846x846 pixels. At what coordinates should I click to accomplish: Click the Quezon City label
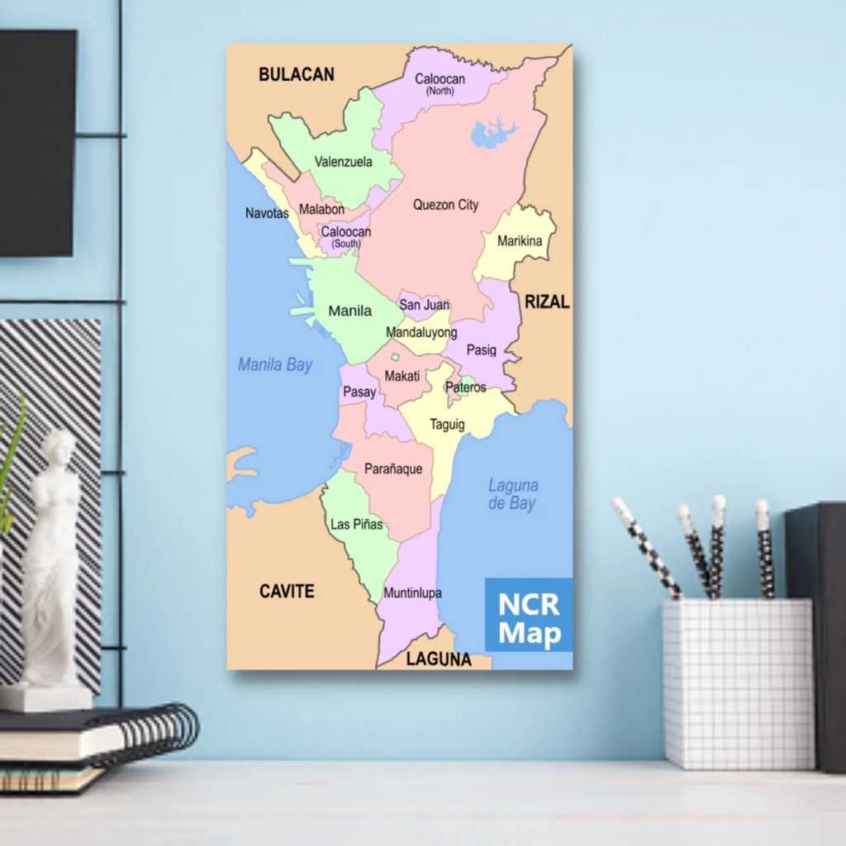(445, 205)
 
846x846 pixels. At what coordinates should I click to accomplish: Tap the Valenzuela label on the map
(343, 162)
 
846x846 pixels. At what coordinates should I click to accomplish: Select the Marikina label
(520, 241)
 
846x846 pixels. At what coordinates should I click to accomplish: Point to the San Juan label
(424, 305)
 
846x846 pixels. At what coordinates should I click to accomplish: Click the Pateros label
(466, 387)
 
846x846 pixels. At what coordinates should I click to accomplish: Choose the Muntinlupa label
(412, 593)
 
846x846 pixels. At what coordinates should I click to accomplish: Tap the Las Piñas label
(356, 524)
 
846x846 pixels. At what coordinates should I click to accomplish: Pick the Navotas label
(267, 213)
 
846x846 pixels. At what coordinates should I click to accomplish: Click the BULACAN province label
(296, 74)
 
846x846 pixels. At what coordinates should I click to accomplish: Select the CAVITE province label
(287, 592)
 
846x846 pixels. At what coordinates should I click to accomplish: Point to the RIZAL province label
(547, 302)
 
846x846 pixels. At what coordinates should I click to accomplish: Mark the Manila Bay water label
(275, 364)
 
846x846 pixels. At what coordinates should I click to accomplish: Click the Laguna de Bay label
(512, 494)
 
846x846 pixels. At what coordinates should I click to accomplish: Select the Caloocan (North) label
(440, 83)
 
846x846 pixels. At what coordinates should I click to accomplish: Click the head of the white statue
(59, 448)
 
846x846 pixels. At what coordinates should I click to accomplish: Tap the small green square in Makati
(395, 357)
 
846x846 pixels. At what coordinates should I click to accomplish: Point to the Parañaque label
(393, 469)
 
